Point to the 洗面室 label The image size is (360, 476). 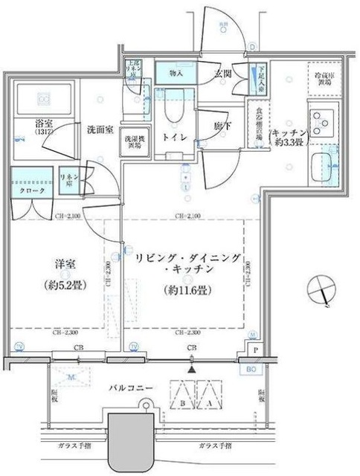pos(97,129)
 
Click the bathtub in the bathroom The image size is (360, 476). pos(42,98)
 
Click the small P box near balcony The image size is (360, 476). pos(255,350)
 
